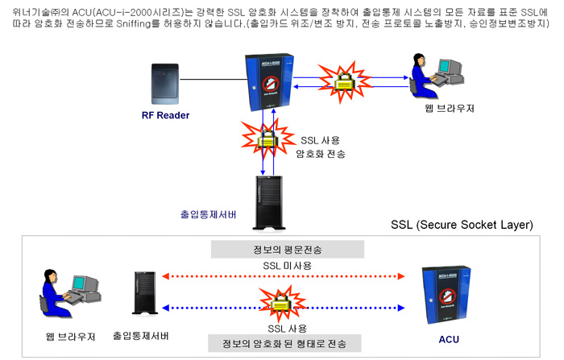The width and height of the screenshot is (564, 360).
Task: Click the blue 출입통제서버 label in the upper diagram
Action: [209, 214]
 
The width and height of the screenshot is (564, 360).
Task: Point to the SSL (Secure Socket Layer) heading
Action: [461, 224]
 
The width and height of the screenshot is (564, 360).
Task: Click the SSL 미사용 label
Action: [281, 265]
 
